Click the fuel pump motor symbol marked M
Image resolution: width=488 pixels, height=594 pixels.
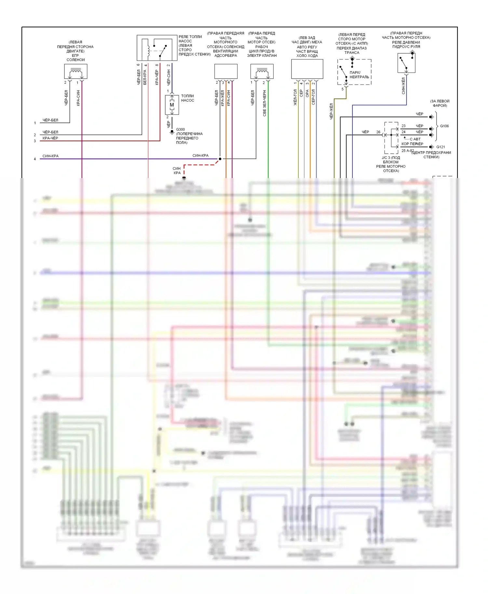click(172, 105)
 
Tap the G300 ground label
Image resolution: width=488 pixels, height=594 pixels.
click(180, 129)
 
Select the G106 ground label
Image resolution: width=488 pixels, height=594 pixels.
click(444, 126)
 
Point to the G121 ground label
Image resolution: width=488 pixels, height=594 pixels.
click(441, 147)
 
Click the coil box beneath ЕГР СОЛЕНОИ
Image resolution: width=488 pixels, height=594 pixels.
click(75, 71)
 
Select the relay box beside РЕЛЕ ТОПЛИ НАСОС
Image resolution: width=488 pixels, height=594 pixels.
click(157, 48)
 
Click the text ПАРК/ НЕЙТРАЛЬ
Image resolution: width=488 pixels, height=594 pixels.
click(359, 75)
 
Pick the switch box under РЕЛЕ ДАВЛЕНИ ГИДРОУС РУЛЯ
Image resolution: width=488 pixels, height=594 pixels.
click(406, 63)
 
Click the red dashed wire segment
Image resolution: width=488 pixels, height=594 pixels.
click(198, 165)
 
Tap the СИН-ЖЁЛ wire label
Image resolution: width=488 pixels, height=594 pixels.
click(403, 86)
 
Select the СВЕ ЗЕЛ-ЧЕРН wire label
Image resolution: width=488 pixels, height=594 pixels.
click(264, 103)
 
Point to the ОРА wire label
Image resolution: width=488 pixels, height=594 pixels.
click(307, 93)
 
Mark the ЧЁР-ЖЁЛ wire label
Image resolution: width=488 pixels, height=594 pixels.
click(332, 111)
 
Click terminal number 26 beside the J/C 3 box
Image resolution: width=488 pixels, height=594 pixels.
click(378, 132)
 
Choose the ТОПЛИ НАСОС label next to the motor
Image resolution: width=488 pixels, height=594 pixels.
click(187, 98)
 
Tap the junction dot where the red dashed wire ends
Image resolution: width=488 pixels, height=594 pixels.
click(220, 159)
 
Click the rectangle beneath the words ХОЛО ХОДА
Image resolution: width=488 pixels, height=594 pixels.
click(307, 69)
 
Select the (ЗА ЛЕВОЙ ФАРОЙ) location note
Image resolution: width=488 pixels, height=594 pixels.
click(440, 103)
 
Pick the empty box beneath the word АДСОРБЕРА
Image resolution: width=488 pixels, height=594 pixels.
click(226, 71)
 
